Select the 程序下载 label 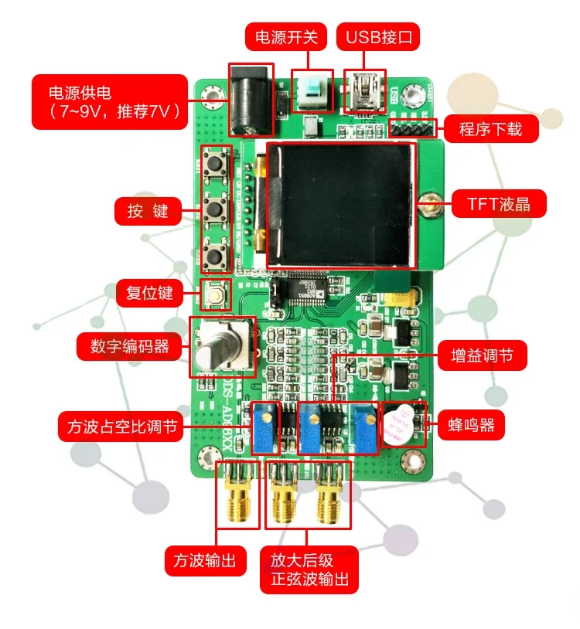(x=490, y=127)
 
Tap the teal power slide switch (x=312, y=90)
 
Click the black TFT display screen (x=341, y=203)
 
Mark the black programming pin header (x=406, y=127)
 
